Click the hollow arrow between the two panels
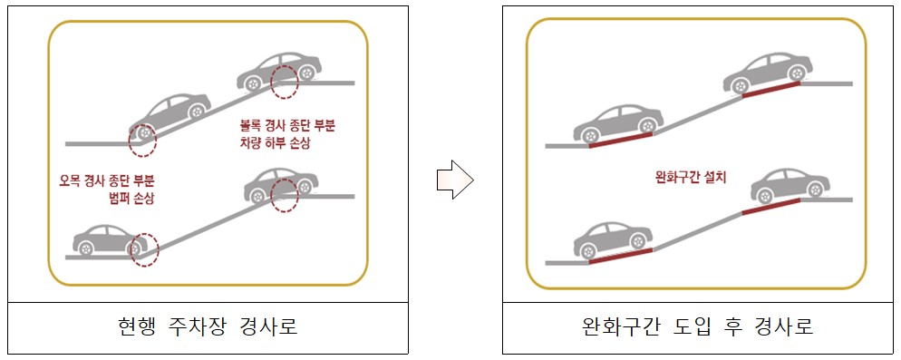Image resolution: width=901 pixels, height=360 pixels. pos(454,180)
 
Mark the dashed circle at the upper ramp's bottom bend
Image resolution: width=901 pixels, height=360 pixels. pos(141,138)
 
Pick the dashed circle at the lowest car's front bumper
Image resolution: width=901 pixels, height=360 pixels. pos(143,248)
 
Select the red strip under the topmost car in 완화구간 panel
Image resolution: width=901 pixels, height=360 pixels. pos(770,88)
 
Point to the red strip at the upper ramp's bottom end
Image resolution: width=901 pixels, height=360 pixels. pos(620,141)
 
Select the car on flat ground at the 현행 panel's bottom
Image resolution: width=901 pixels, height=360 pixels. pos(107,238)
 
